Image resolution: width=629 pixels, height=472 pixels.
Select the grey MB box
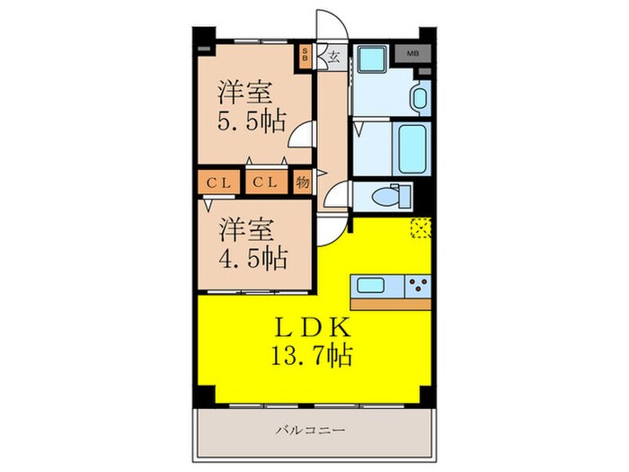point(412,54)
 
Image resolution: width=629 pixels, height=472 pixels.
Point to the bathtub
point(414,149)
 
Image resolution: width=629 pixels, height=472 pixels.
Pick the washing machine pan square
point(370,59)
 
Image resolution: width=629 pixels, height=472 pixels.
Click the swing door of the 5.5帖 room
point(300,136)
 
